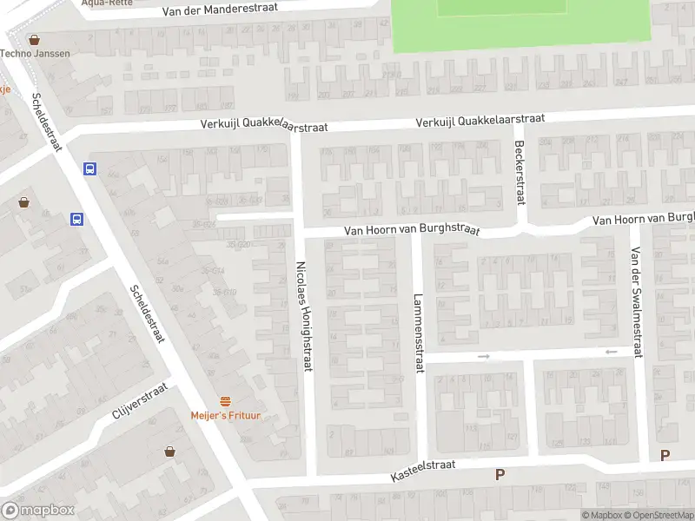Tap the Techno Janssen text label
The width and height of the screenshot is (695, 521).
coord(35,54)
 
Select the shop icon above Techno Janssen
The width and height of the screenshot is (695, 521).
coord(35,39)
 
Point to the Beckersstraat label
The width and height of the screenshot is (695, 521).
coord(520,171)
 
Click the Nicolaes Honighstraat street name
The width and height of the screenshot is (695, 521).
coord(303,317)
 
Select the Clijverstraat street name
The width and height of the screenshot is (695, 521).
coord(138,403)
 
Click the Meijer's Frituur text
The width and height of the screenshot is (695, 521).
coord(226,415)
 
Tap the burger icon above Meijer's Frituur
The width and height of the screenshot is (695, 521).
coord(226,400)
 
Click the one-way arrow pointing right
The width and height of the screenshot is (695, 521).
coord(484,356)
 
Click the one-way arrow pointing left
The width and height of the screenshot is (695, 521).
coord(611,352)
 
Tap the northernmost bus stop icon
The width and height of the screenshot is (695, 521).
coord(89,169)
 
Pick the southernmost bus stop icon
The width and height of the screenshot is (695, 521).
coord(77,219)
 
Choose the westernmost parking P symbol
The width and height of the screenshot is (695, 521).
coord(500,474)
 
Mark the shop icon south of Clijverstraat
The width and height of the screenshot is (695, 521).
coord(169,452)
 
